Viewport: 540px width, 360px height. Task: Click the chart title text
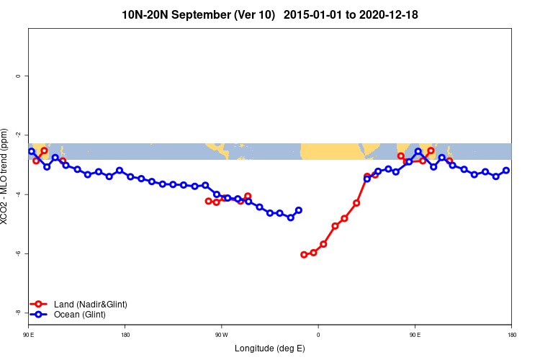coord(270,14)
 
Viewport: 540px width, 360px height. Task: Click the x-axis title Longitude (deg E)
coord(270,348)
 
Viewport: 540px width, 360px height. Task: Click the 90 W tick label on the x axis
coord(221,335)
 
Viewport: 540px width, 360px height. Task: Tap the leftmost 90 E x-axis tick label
coord(28,335)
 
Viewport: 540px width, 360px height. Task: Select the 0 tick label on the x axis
coord(318,335)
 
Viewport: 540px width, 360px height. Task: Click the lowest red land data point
coord(304,255)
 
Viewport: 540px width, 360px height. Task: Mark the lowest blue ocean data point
coord(291,217)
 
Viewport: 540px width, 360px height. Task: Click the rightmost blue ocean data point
coord(506,170)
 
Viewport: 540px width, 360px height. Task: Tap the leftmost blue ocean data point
coord(32,151)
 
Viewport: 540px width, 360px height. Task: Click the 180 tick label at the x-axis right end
coord(511,335)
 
